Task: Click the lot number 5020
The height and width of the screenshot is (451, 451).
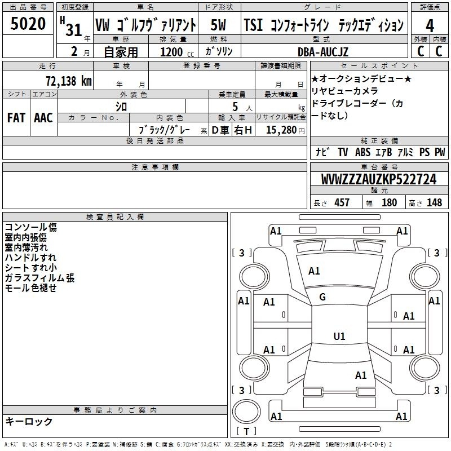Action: click(x=28, y=24)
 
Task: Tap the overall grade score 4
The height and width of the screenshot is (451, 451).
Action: click(x=430, y=26)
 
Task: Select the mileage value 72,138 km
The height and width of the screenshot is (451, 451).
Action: click(x=69, y=81)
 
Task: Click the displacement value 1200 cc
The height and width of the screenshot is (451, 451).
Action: click(x=177, y=52)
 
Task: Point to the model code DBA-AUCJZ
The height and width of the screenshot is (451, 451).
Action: click(x=323, y=52)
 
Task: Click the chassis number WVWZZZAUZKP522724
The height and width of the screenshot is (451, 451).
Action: click(x=379, y=179)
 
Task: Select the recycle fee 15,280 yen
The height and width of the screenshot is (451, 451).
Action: click(x=285, y=130)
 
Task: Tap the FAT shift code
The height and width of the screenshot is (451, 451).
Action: click(x=16, y=118)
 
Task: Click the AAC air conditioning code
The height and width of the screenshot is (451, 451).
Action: click(x=43, y=118)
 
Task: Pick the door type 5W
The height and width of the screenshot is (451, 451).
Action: click(x=218, y=25)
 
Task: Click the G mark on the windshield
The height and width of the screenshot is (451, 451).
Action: click(x=322, y=297)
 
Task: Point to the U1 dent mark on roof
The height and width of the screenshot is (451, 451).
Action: click(x=339, y=336)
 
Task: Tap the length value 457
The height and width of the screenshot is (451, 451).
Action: click(x=342, y=202)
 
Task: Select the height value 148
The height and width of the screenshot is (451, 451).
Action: click(x=434, y=202)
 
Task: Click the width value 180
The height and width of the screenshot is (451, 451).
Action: click(x=389, y=202)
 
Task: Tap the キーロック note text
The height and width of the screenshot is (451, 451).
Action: click(x=29, y=421)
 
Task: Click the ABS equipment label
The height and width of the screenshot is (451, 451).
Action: click(x=362, y=152)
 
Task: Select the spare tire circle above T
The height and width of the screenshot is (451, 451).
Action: click(x=246, y=411)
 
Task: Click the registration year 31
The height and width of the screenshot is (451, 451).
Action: click(x=74, y=30)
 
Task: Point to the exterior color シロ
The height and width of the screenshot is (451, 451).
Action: click(x=121, y=107)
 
